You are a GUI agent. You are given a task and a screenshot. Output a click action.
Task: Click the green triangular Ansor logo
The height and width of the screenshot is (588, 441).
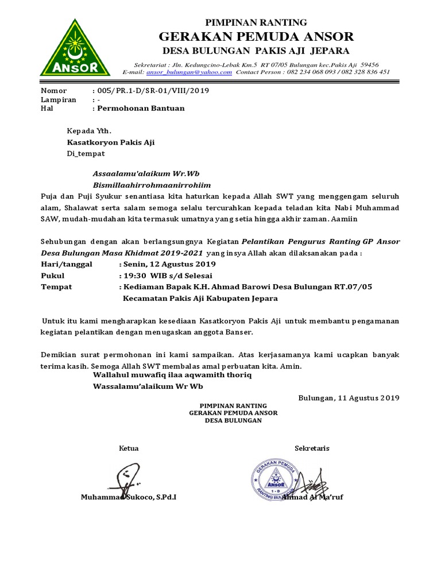tap(75, 49)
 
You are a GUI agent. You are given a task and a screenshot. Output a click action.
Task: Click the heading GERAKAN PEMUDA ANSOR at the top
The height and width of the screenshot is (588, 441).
tap(256, 37)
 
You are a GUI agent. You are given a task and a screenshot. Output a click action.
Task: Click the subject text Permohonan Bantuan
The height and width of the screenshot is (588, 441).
tap(141, 108)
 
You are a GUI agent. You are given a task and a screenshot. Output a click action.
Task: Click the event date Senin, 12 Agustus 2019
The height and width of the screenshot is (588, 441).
tap(168, 264)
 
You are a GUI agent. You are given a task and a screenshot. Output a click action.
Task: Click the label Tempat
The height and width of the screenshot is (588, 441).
tap(56, 287)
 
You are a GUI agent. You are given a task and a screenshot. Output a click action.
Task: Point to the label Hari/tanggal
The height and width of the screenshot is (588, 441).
tap(66, 264)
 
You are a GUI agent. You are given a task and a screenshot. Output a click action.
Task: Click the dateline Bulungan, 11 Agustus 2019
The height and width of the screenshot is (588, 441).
tap(349, 397)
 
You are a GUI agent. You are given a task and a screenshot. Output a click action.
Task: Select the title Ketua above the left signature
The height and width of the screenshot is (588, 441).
tap(129, 448)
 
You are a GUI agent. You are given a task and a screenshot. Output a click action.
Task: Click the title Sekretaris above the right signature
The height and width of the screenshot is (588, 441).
tap(312, 448)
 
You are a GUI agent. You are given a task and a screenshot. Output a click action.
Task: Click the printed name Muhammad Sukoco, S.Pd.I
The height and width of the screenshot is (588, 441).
tap(129, 497)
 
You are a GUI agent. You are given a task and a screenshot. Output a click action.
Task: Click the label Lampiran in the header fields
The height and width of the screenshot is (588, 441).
tap(59, 99)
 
